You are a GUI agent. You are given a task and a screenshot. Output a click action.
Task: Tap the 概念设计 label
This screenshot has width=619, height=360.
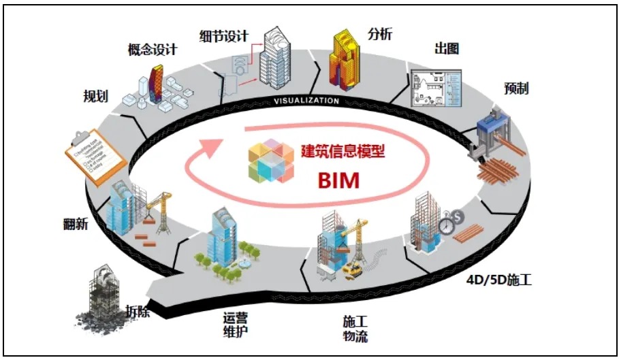point(152,50)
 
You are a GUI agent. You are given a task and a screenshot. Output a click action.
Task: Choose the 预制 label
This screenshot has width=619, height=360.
point(516,88)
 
